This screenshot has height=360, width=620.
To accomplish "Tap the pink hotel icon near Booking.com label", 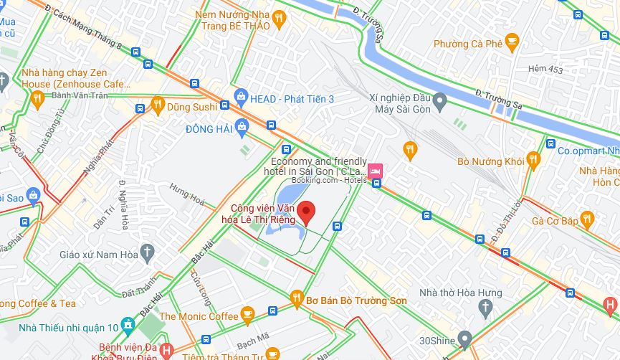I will tap(376, 171).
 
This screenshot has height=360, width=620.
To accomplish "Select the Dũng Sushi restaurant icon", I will tap(158, 107).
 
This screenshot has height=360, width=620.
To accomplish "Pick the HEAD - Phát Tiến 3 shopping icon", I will tap(242, 97).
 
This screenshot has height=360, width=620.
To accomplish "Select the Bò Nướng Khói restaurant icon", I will tap(533, 159).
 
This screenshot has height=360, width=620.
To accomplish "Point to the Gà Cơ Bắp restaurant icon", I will tap(588, 219).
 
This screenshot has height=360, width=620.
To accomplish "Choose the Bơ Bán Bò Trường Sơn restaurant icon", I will tap(296, 297).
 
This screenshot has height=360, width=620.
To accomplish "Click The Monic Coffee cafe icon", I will tap(248, 313).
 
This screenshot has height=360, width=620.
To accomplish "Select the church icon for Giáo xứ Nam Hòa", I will tap(148, 252).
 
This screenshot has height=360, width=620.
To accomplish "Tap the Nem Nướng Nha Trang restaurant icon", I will tap(279, 18).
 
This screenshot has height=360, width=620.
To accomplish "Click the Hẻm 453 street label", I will tap(545, 69).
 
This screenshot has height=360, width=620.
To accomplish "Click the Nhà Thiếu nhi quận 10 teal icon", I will tap(128, 325).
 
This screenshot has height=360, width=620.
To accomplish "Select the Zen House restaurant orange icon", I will tap(37, 100).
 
